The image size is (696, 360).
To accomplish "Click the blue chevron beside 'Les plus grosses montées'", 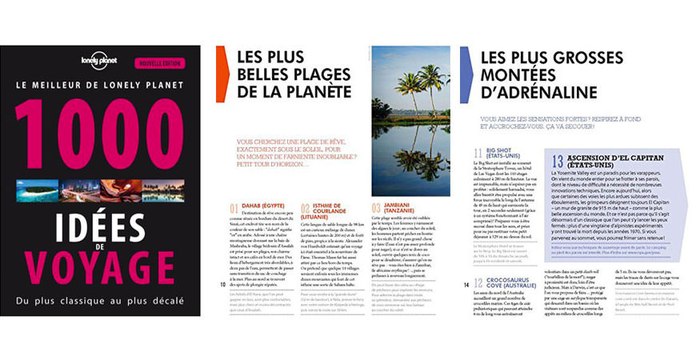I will (466, 73).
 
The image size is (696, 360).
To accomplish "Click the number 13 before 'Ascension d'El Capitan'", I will (557, 161).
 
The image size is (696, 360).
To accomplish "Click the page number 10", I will (222, 282).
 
